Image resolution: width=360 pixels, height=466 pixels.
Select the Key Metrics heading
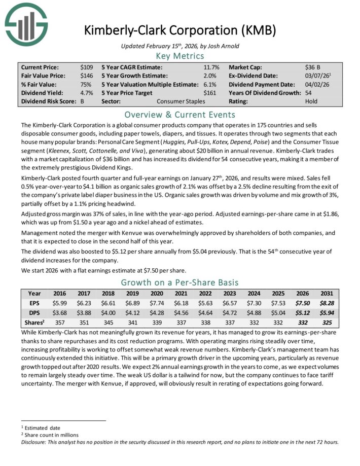(180, 56)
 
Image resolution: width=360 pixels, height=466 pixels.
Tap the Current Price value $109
(86, 67)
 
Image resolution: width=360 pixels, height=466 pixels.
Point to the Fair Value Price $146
(86, 76)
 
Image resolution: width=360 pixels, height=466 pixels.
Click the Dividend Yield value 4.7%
(86, 93)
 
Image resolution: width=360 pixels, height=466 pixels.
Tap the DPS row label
(34, 313)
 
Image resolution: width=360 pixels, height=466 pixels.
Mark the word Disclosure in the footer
(34, 442)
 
